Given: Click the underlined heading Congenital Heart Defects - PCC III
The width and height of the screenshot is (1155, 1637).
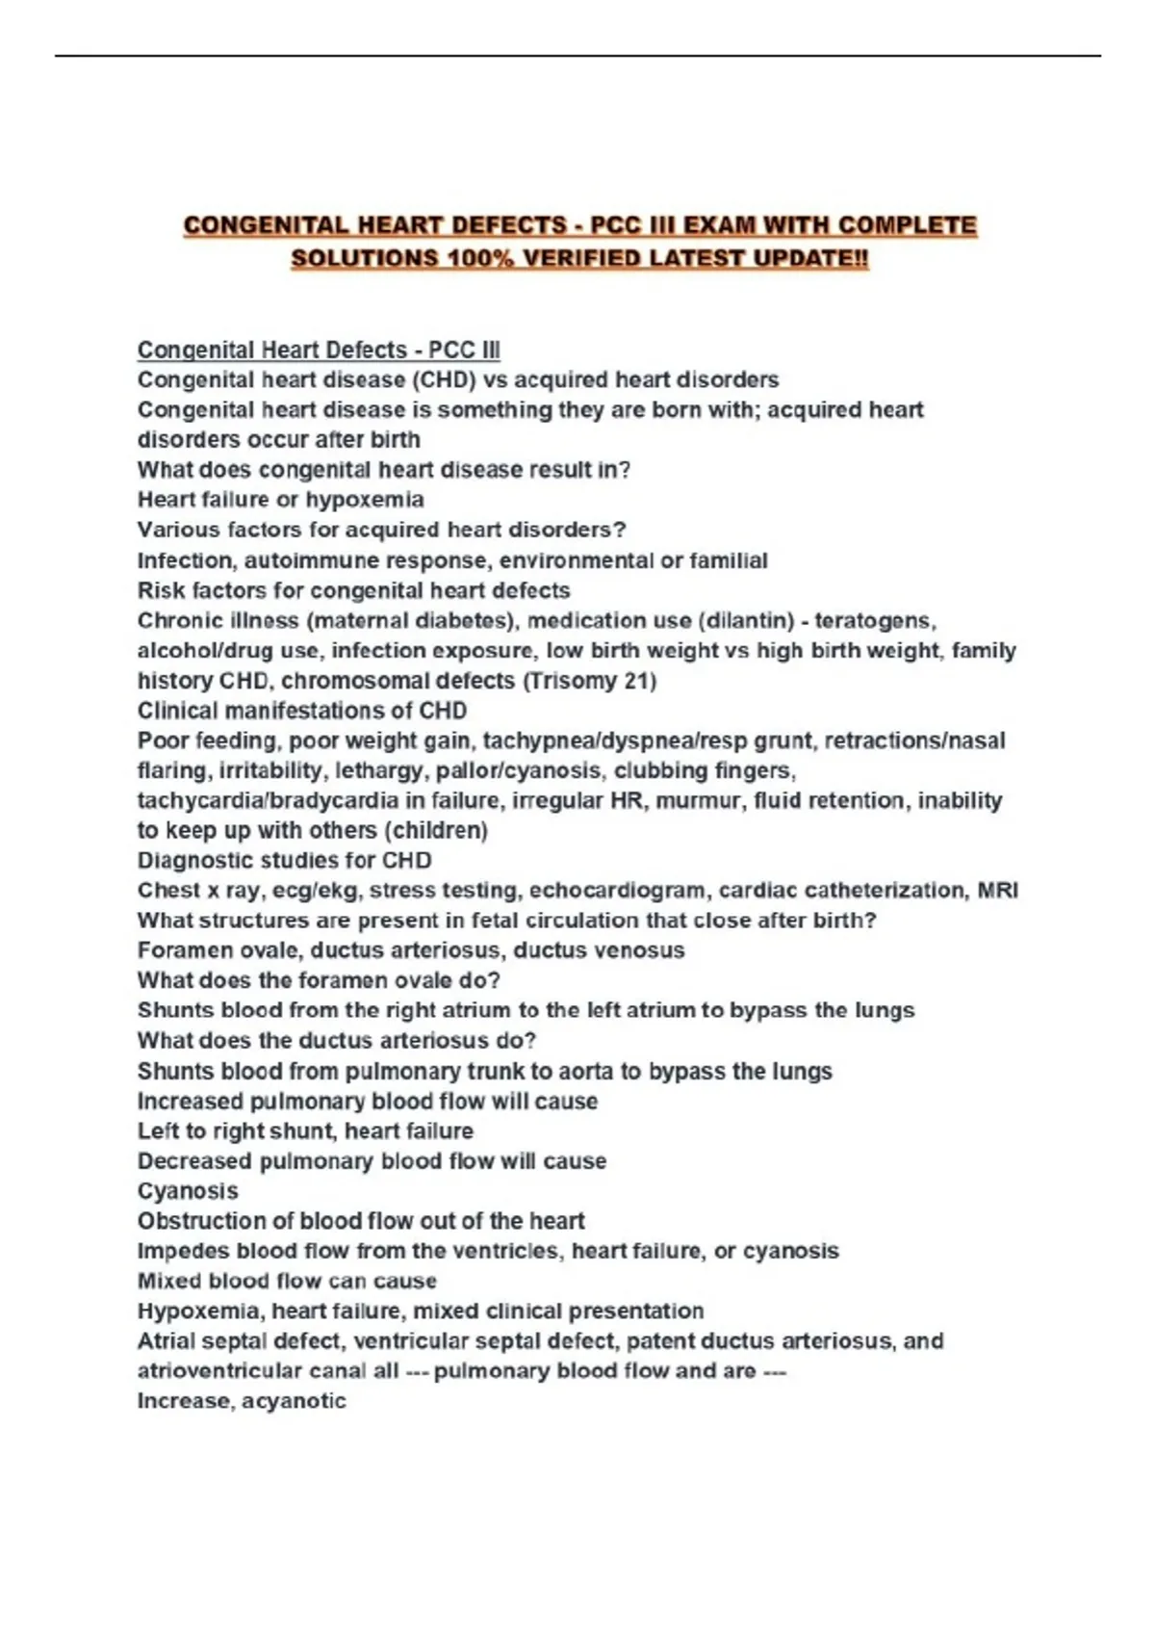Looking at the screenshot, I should click(319, 350).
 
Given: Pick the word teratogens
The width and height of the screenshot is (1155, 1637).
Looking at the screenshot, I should click(875, 620).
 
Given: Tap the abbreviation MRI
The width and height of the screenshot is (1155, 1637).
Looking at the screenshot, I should click(997, 891).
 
